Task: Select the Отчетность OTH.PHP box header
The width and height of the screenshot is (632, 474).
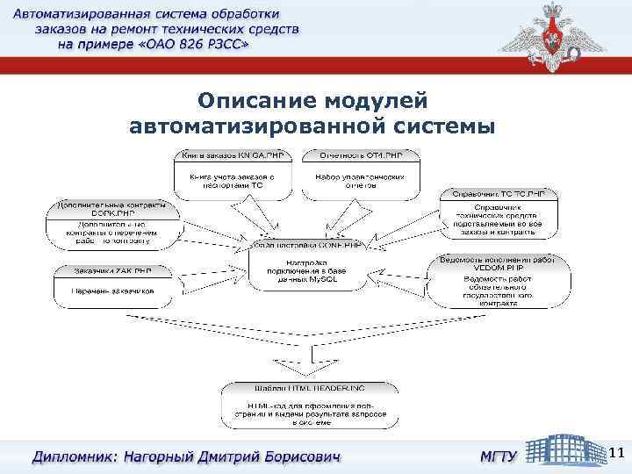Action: (x=362, y=155)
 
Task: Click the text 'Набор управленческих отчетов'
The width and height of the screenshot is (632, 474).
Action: (x=361, y=181)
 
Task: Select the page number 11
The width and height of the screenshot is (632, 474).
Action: (x=616, y=453)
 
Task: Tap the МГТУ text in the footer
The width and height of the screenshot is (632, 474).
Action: (x=498, y=456)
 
